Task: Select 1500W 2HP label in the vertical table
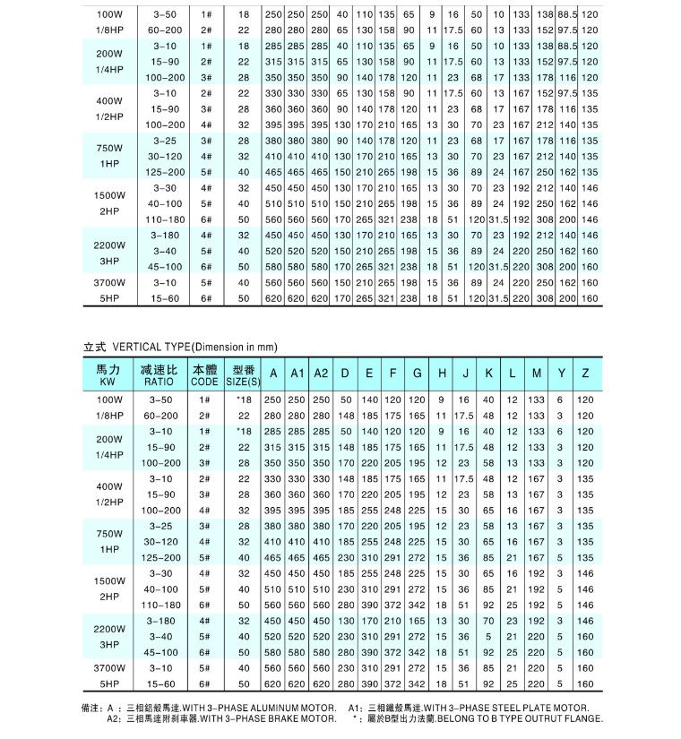[108, 588]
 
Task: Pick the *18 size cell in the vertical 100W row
[243, 399]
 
